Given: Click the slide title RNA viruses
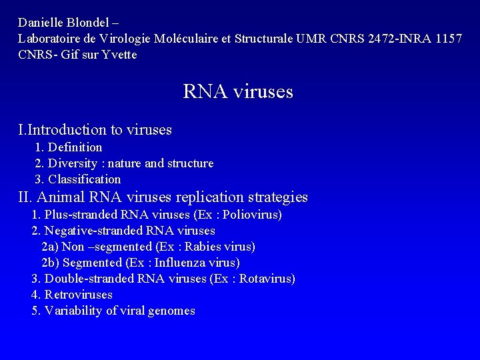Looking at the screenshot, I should click(x=238, y=91).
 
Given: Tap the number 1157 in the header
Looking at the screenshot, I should click(x=447, y=39).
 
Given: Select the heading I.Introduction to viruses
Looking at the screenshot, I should click(x=95, y=129).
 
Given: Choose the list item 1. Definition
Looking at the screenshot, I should click(x=69, y=147).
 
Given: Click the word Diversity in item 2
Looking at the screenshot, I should click(x=75, y=163).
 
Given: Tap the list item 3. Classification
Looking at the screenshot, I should click(x=78, y=179).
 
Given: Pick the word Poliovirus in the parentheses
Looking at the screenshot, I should click(x=252, y=215).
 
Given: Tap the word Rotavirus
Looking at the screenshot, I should click(x=265, y=279).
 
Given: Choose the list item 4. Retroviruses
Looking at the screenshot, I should click(x=72, y=295).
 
